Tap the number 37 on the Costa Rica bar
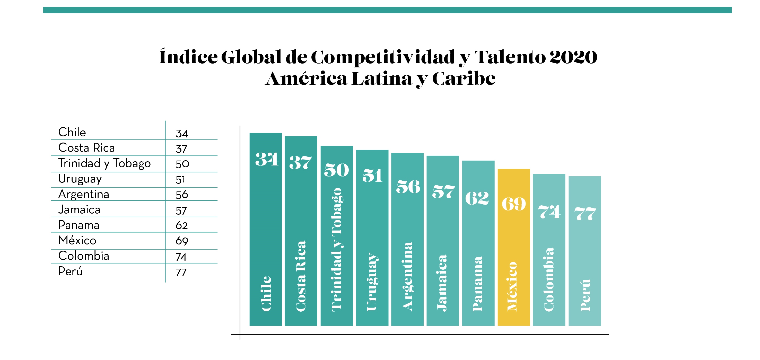[300, 163]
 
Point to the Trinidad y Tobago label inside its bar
[337, 250]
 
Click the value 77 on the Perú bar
[585, 213]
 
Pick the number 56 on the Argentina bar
[408, 187]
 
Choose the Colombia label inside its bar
[549, 279]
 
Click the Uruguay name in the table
[80, 179]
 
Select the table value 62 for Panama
[182, 225]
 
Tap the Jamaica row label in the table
[79, 209]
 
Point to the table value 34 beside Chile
[182, 133]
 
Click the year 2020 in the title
[573, 57]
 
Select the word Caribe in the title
[464, 79]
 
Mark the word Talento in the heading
[510, 57]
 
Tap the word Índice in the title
[188, 56]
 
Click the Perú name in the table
[70, 271]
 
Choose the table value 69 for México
[182, 241]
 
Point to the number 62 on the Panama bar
[477, 198]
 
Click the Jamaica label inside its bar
[442, 283]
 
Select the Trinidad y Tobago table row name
[104, 163]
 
